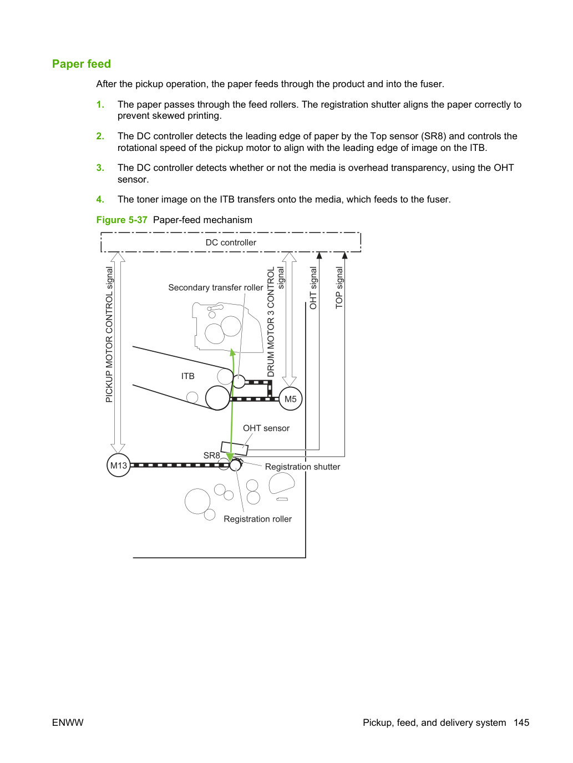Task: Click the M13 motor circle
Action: [x=119, y=465]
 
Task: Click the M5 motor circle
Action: [x=291, y=399]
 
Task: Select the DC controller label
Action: [x=231, y=242]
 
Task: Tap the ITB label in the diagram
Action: [x=187, y=376]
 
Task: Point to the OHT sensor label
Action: [x=266, y=428]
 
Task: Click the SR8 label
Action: [x=212, y=455]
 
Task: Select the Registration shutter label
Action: [x=302, y=467]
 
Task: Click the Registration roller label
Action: [x=257, y=519]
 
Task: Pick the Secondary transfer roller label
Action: [x=216, y=287]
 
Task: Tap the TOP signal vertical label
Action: [x=339, y=287]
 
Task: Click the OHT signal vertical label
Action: [x=313, y=288]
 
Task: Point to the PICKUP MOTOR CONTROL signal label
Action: [x=109, y=335]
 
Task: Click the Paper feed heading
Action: [x=82, y=64]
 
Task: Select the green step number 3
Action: [x=100, y=168]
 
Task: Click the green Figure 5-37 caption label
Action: [x=121, y=220]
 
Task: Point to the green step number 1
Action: [x=100, y=104]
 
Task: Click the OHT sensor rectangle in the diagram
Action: [x=235, y=448]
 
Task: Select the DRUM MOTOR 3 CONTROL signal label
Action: [x=276, y=321]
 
